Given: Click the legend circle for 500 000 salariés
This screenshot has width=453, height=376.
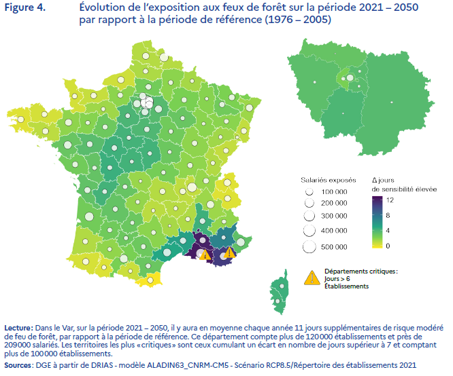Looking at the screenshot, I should pos(309,246).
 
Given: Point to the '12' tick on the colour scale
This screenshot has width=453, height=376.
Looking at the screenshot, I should pos(389,200).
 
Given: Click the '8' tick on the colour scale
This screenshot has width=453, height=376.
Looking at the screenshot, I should pos(388,215).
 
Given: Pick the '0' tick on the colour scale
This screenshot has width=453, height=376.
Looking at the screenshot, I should pos(388,246).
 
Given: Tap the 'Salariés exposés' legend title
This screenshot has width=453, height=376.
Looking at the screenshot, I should pos(328,180).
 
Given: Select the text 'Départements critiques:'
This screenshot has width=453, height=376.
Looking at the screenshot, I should pos(360,271).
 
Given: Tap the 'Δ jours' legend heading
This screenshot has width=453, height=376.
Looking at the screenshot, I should pos(384,180).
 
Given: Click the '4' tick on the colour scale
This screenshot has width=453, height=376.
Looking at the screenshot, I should pos(388,231).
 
